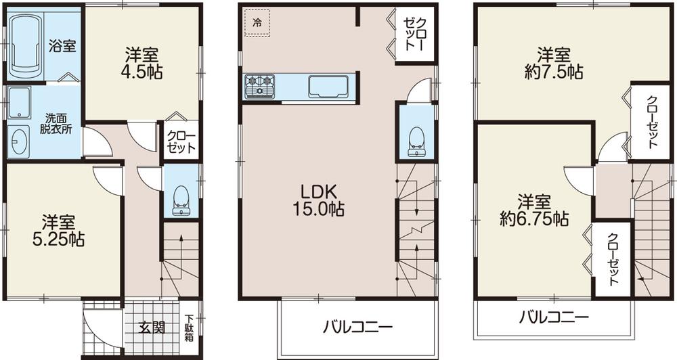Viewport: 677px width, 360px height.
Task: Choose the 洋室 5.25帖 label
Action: coord(62,230)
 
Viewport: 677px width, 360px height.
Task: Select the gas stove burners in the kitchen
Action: coord(261,86)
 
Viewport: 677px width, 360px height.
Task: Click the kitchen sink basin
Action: coord(328,87)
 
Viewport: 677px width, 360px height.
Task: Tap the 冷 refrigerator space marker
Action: coord(257,22)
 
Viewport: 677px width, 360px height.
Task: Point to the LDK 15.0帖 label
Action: coord(318,200)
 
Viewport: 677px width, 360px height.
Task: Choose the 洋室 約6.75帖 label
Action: coord(533,210)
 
